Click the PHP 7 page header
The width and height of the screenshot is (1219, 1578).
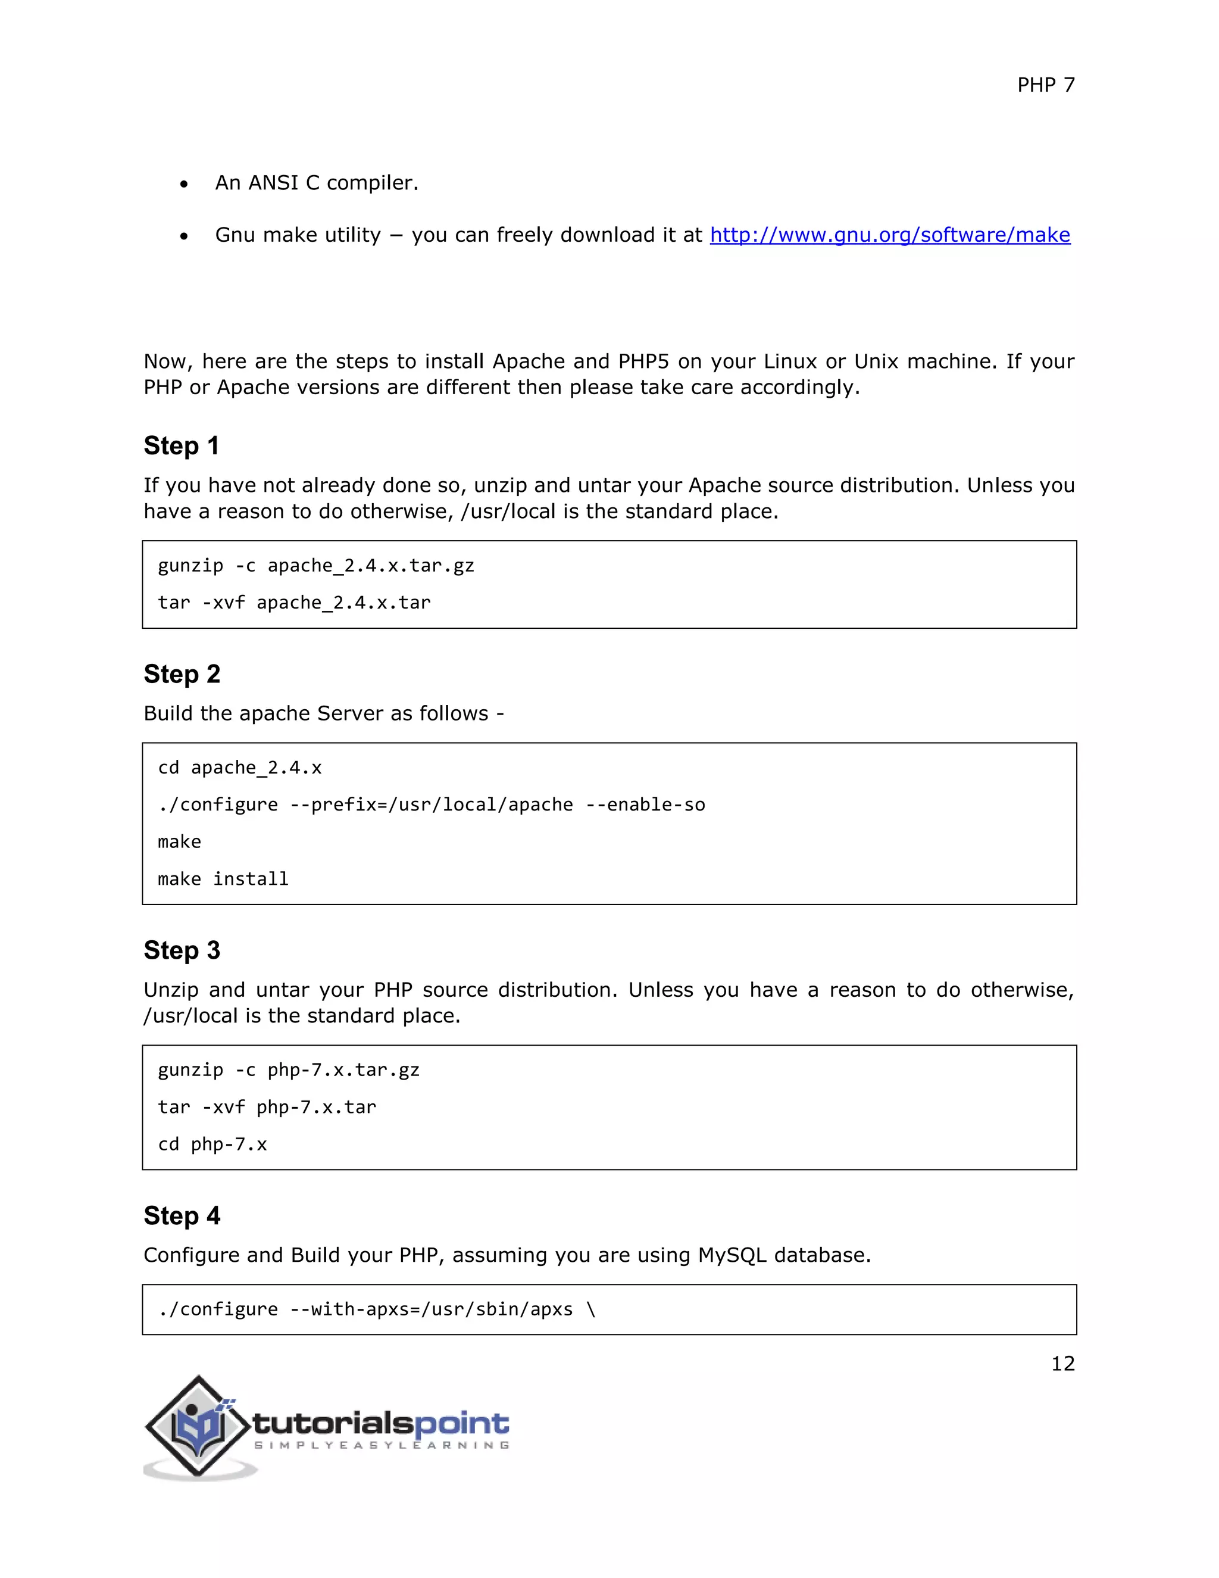1045,85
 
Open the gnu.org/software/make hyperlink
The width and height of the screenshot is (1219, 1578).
889,235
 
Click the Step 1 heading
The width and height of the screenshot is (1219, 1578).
182,446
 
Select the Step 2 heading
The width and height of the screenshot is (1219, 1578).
182,674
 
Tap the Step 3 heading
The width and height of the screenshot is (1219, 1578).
182,950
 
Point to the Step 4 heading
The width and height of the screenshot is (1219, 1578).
182,1215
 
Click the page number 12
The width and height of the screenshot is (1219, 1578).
1062,1364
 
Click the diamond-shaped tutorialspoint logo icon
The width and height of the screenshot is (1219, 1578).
198,1426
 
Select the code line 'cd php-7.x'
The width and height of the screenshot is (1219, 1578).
212,1144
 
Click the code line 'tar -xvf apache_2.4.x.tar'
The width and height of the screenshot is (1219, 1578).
294,603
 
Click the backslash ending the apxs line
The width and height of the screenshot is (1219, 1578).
592,1309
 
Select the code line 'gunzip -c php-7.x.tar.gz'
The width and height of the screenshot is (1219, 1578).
288,1069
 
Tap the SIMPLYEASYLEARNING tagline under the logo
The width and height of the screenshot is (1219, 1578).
382,1445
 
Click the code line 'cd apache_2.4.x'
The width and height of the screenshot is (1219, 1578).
240,768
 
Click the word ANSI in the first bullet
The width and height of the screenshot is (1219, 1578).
273,183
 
